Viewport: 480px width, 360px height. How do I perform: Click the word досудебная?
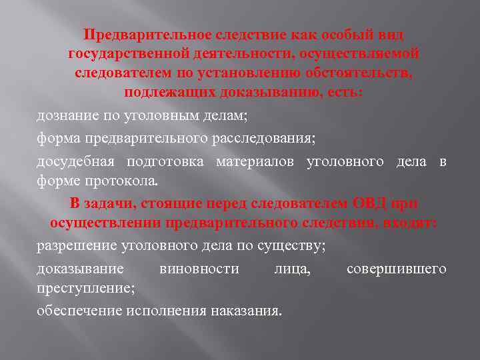[x=75, y=161]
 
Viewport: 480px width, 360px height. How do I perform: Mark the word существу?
[x=293, y=245]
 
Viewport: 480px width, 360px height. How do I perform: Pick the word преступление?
[x=85, y=288]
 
